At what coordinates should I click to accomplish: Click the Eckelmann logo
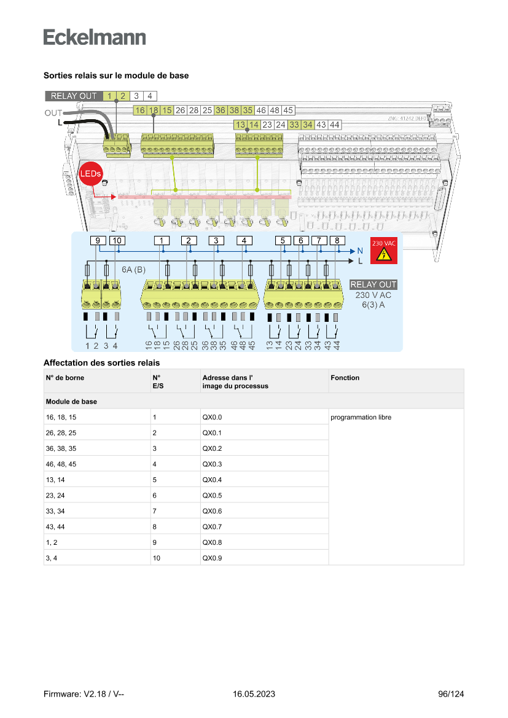pos(95,37)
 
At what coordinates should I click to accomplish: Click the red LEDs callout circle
pos(90,174)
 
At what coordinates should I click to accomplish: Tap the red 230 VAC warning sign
pos(383,251)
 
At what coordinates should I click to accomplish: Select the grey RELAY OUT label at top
pos(73,96)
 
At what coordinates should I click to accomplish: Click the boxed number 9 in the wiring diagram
pos(98,240)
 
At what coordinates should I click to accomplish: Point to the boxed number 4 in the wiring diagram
pos(244,240)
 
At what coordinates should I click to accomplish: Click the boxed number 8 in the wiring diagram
pos(337,240)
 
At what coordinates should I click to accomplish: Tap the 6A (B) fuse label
pos(133,270)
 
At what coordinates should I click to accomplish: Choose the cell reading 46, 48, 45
pos(61,464)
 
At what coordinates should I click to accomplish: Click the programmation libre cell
pos(361,418)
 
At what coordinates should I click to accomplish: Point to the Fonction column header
pos(345,378)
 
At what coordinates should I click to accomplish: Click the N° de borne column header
pos(64,378)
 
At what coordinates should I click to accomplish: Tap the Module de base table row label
pos(71,402)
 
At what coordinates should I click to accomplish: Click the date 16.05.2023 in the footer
pos(254,694)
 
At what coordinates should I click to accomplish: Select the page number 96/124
pos(451,694)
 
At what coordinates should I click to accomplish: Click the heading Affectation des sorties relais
pos(101,362)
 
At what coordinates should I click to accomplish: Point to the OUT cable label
pos(53,113)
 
